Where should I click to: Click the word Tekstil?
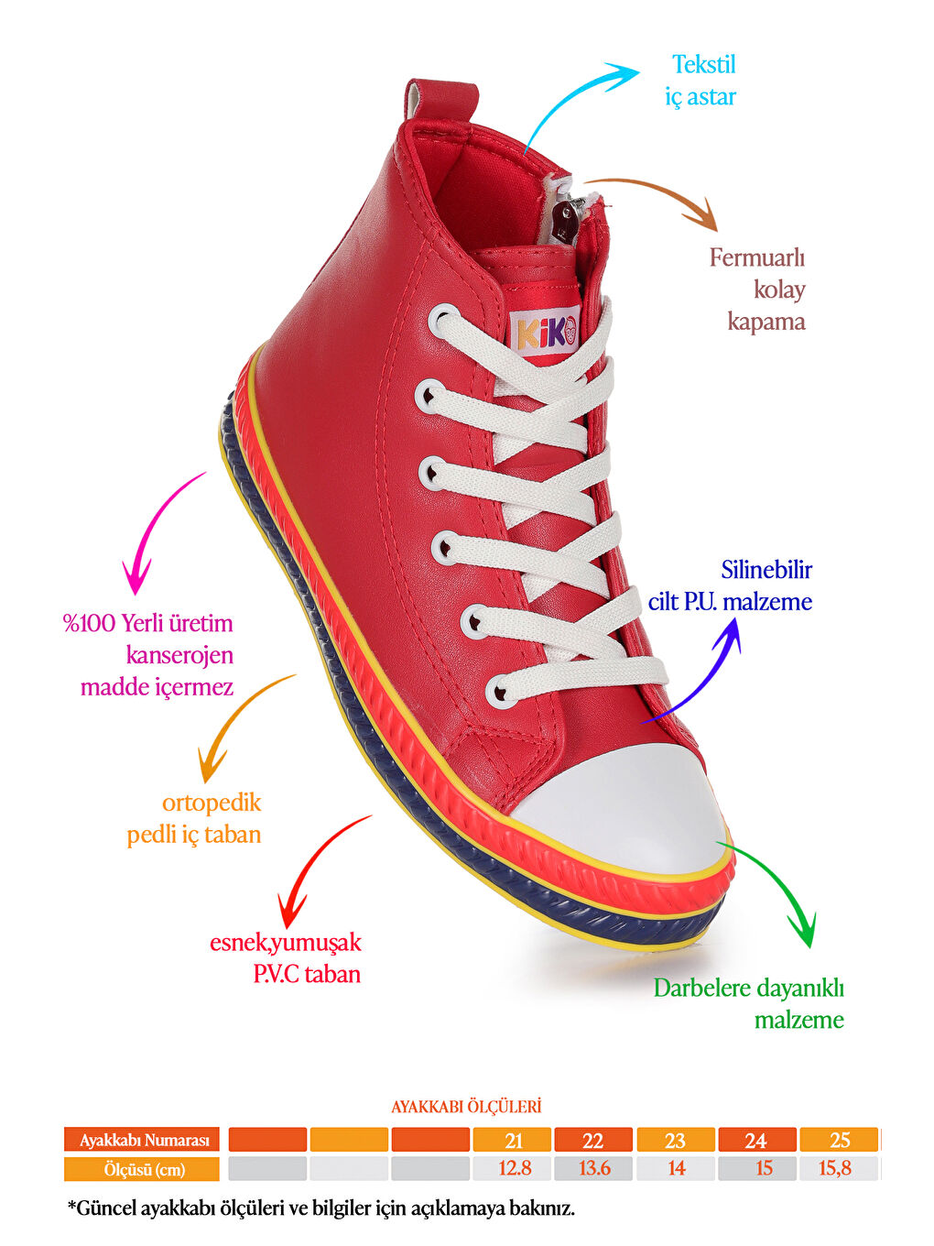[704, 64]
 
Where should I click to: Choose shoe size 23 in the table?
[675, 1141]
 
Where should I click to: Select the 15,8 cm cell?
[835, 1168]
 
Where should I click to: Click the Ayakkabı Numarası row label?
[142, 1140]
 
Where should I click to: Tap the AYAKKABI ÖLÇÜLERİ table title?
[466, 1107]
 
